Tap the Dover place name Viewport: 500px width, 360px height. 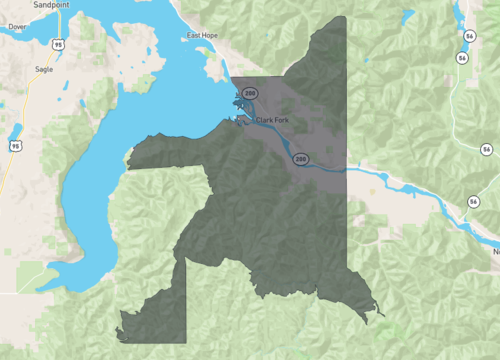coord(18,27)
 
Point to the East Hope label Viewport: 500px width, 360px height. coord(202,37)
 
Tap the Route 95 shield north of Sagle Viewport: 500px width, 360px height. coord(59,45)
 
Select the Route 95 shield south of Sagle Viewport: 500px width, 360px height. coord(15,146)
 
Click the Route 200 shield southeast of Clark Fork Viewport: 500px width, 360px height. coord(299,159)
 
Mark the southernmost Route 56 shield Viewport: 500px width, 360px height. coord(470,202)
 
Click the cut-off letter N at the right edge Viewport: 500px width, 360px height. coord(495,252)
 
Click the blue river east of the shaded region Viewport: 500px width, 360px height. coord(400,184)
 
